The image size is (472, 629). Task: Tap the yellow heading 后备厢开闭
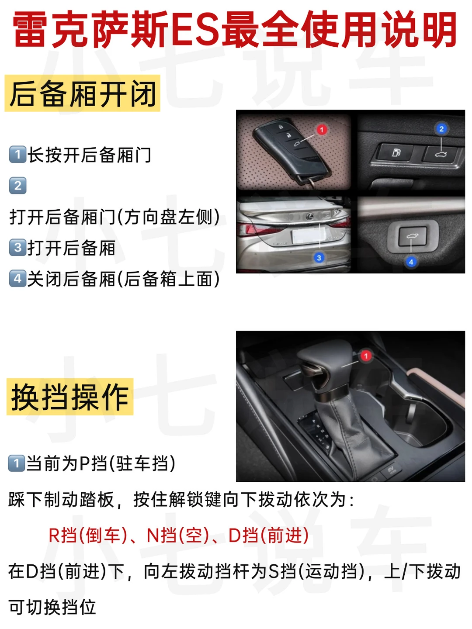click(83, 93)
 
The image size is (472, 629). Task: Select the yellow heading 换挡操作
click(70, 397)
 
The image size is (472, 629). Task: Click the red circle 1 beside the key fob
click(322, 130)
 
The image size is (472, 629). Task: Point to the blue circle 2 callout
click(441, 129)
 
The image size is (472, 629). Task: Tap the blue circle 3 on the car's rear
click(319, 257)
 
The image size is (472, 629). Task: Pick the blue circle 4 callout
click(411, 262)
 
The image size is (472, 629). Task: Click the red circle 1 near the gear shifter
click(366, 356)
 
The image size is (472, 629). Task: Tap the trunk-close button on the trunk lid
click(413, 236)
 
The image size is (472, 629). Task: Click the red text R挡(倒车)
click(88, 535)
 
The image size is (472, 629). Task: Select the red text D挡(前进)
click(268, 535)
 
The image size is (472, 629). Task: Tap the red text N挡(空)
click(178, 535)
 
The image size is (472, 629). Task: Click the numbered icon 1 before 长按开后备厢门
click(17, 154)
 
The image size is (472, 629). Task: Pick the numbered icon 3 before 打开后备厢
click(17, 247)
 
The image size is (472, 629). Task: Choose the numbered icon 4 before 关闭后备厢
click(17, 278)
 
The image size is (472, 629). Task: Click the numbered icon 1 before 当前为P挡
click(16, 463)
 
